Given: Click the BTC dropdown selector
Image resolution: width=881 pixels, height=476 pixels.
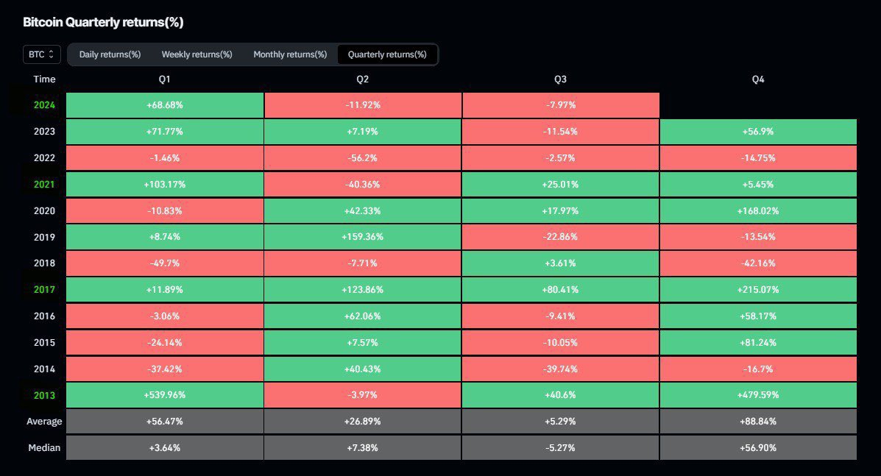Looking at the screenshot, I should point(41,54).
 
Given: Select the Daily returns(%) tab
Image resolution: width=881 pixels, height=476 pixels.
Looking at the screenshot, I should point(110,54).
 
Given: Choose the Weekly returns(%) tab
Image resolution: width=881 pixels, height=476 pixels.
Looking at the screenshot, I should point(197,54).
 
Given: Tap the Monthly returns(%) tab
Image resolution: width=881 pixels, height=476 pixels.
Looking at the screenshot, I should point(290,54).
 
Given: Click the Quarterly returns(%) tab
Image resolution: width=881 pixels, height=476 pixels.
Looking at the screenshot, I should point(387,54).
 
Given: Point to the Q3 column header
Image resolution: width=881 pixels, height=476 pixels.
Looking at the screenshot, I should point(560,79).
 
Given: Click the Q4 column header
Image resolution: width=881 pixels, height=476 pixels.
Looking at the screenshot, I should point(758,79).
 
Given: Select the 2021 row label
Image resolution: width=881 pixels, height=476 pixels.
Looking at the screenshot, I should point(44,184).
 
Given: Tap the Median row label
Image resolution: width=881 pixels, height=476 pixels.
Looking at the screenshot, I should point(44,447).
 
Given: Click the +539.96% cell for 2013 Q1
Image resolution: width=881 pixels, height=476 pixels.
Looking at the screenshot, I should point(165,395).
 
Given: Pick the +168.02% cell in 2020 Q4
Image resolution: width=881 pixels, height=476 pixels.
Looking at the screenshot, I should point(758,210).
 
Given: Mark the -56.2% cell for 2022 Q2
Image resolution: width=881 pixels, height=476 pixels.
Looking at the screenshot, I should point(362,157).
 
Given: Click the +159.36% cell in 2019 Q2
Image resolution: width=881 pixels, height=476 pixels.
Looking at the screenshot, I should point(362,237).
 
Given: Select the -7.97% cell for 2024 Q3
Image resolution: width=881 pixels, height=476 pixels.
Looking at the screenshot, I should point(560,105).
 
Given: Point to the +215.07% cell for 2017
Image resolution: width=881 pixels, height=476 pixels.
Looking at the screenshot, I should point(758,290).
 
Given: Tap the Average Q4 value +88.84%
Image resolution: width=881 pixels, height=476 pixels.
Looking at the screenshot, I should point(758,422).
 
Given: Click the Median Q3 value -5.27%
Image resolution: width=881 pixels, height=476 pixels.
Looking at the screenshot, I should point(560,447).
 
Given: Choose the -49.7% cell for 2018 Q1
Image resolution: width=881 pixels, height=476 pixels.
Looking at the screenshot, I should point(165,263).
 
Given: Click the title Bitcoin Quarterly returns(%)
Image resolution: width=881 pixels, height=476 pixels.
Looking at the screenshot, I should point(103,22).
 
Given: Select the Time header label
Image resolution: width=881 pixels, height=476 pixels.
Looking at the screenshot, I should point(44,79).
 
